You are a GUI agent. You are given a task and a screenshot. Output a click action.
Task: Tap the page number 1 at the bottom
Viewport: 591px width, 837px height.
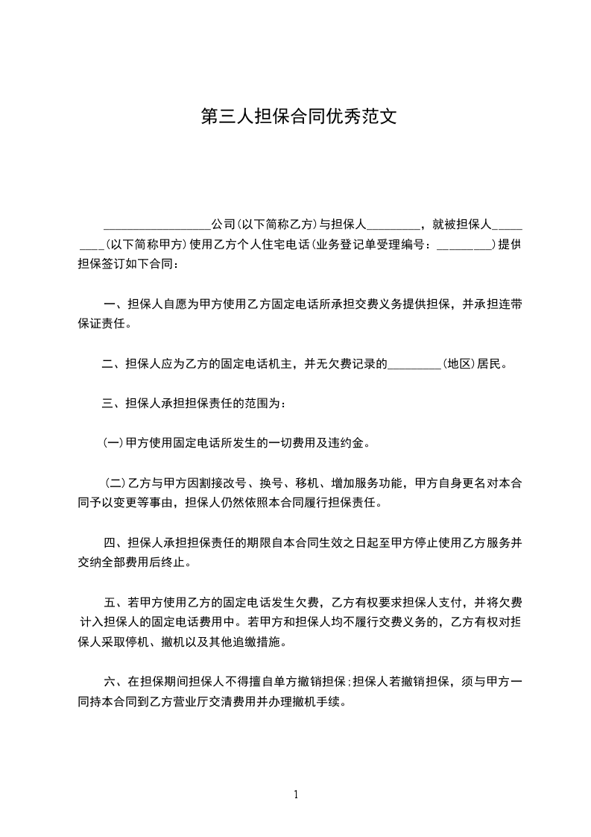click(296, 794)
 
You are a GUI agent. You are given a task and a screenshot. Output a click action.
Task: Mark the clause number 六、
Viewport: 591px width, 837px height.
click(114, 682)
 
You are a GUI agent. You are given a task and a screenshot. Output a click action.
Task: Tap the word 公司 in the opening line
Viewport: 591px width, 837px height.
click(223, 224)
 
